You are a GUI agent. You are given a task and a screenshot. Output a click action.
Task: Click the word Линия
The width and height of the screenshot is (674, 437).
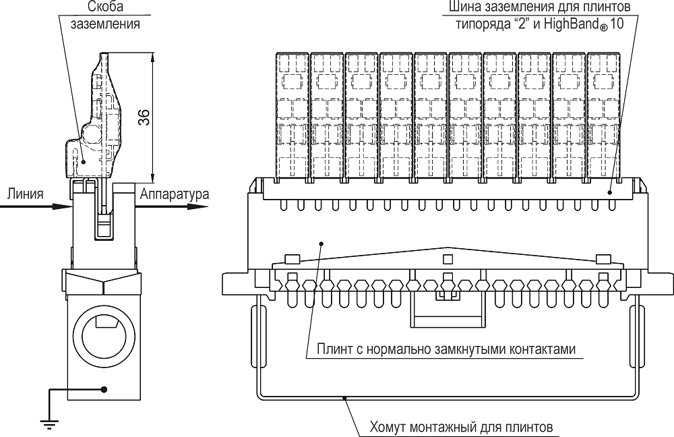coord(26,194)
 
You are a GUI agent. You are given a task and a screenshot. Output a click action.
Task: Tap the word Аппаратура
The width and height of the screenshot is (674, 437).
coord(175,194)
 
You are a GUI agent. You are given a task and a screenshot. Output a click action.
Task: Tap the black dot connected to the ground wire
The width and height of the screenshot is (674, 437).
coord(104,389)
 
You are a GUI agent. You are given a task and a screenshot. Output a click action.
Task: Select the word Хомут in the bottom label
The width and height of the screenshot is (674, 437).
coord(389,428)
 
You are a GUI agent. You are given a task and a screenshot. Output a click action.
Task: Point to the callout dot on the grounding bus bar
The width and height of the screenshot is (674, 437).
coord(610,192)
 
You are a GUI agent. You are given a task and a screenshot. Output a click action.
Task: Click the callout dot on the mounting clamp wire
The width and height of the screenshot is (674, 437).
coord(345,399)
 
